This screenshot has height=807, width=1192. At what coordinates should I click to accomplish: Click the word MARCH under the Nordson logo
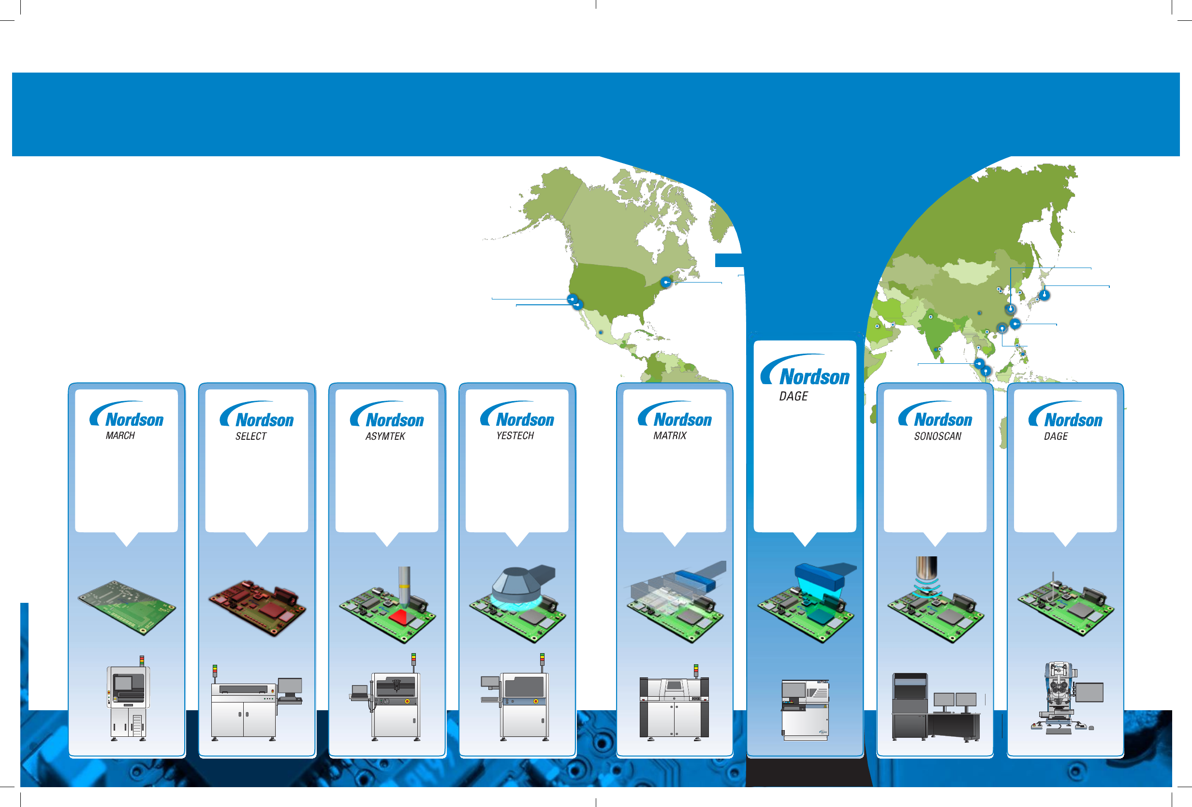(x=120, y=435)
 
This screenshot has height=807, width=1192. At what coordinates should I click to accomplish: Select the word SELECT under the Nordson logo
(x=251, y=436)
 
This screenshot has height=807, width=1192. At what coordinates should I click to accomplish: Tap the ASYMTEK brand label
(x=385, y=436)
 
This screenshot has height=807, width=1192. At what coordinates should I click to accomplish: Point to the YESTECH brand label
(x=515, y=435)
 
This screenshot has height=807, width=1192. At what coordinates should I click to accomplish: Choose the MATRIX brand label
(x=670, y=435)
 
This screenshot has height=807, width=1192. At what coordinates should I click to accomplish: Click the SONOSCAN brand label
(x=938, y=436)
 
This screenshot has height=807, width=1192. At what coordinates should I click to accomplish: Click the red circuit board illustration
(x=257, y=608)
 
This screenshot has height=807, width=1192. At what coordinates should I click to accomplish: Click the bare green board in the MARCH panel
(x=127, y=608)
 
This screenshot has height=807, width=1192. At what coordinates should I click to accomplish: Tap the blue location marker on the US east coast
(x=666, y=282)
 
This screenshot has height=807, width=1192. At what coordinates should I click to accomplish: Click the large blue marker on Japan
(x=1045, y=295)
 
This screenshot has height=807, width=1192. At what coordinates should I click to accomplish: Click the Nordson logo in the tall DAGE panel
(x=805, y=371)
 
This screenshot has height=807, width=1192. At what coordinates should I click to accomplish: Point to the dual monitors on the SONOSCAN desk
(x=955, y=700)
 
